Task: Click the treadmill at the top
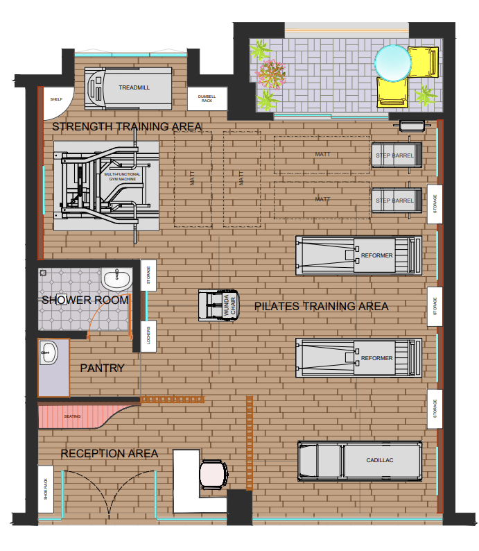(x=128, y=88)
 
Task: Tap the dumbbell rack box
(x=207, y=99)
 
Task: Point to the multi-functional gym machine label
(x=122, y=176)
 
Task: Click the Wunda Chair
(x=219, y=305)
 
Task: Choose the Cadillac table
(x=360, y=461)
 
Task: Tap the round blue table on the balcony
(x=392, y=63)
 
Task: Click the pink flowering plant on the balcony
(x=270, y=74)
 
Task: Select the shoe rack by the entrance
(x=46, y=489)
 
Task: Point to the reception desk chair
(x=214, y=474)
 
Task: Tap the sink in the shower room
(x=116, y=280)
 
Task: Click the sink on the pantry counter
(x=49, y=353)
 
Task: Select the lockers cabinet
(x=148, y=336)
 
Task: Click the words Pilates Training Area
(x=321, y=307)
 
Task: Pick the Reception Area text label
(x=109, y=454)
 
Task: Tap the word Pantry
(x=102, y=368)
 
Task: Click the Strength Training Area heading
(x=127, y=126)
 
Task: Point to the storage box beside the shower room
(x=148, y=275)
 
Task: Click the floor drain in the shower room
(x=43, y=273)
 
